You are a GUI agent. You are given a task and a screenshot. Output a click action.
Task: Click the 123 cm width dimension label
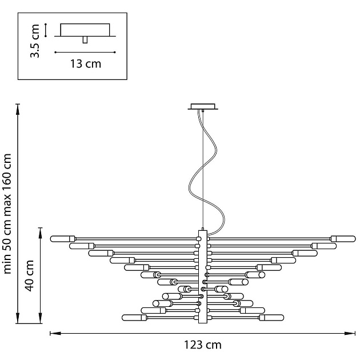click(202, 345)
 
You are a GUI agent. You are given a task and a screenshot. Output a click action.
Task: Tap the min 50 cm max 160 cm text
click(8, 213)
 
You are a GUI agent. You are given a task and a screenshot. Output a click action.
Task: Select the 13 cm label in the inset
click(86, 63)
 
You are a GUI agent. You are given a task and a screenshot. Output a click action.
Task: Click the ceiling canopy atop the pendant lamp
click(203, 106)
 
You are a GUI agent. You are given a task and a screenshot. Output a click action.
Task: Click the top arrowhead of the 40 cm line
click(40, 229)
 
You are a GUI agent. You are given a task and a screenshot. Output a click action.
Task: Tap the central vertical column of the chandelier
click(202, 277)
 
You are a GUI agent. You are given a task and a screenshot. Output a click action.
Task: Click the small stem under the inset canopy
click(85, 39)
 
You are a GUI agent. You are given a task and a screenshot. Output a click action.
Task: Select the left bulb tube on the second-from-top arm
click(80, 246)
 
